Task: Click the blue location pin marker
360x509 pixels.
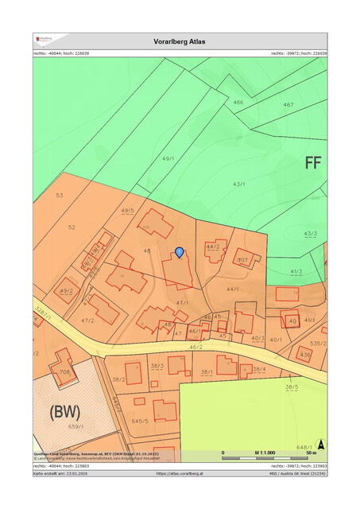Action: click(180, 252)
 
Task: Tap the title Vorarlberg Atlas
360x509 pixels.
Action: click(180, 41)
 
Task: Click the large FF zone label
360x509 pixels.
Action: click(313, 164)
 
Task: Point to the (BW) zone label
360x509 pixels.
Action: click(66, 413)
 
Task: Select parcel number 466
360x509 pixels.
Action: click(238, 103)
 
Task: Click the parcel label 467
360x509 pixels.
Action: click(288, 104)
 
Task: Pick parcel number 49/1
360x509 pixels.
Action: click(168, 159)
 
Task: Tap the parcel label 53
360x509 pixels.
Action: click(59, 195)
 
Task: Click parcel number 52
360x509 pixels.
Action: click(72, 227)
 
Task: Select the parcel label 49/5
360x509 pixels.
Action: click(127, 211)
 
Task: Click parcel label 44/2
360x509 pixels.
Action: click(212, 247)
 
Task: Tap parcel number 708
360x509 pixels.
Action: click(64, 371)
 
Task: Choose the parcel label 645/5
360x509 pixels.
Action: click(141, 422)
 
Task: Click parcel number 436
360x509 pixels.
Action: click(305, 354)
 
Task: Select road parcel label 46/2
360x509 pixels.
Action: click(195, 348)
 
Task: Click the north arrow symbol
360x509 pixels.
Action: click(320, 445)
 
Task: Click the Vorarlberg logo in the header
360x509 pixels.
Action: click(44, 37)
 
